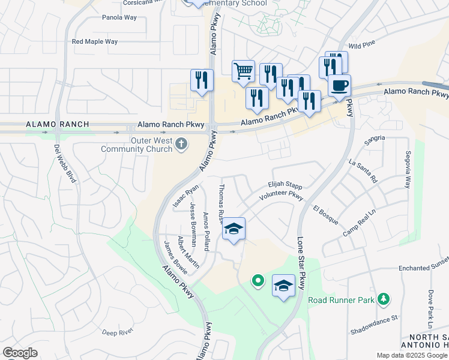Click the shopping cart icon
click(243, 71)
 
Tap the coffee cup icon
click(340, 85)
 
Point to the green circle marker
click(258, 280)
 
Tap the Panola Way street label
click(119, 17)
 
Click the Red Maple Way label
click(95, 41)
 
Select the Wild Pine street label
click(361, 45)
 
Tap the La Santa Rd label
click(363, 171)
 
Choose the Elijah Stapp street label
click(286, 186)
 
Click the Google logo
click(20, 352)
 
